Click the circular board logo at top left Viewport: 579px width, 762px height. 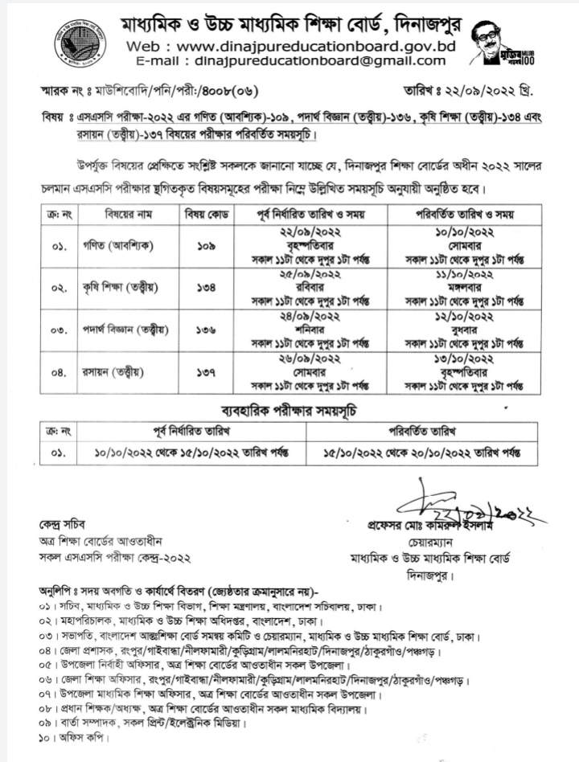click(80, 43)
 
